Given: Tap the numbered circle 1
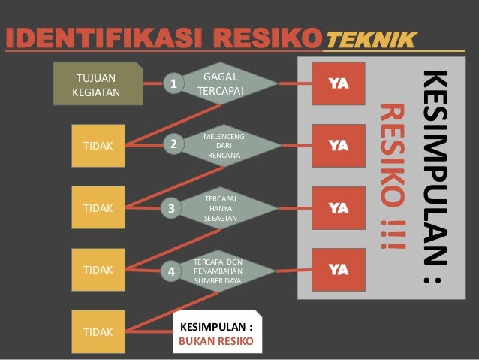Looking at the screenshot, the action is pyautogui.click(x=174, y=85).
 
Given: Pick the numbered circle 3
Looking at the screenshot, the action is pyautogui.click(x=171, y=209).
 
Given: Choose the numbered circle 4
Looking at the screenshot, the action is pyautogui.click(x=172, y=271).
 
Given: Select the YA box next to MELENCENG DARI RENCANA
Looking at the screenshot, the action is pyautogui.click(x=339, y=145).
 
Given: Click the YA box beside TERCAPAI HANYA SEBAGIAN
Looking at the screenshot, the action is pyautogui.click(x=339, y=207).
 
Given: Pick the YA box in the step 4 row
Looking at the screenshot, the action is pyautogui.click(x=339, y=269).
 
